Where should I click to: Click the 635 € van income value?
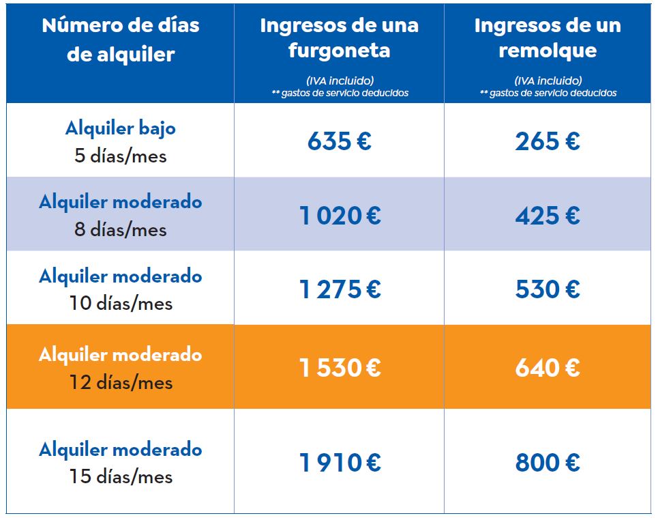click(x=339, y=141)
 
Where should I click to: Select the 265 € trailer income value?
click(x=547, y=141)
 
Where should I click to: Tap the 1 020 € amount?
click(x=339, y=216)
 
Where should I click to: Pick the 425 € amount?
click(x=547, y=216)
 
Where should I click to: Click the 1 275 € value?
click(x=339, y=289)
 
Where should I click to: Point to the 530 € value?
click(x=547, y=289)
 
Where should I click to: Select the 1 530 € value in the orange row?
click(x=339, y=368)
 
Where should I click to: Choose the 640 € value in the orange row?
click(x=547, y=368)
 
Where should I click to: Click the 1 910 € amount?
click(x=339, y=463)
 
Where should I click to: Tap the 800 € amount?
click(x=547, y=463)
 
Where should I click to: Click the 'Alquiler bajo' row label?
click(x=120, y=128)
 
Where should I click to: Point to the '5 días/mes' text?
click(x=120, y=156)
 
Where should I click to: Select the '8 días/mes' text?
click(x=120, y=229)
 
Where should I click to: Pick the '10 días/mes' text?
click(x=120, y=303)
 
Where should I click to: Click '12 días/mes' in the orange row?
click(x=120, y=382)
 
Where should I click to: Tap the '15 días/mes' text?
click(x=120, y=476)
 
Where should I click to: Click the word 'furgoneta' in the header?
click(x=339, y=51)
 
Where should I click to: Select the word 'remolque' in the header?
click(x=547, y=51)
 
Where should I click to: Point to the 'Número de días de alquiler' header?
click(x=120, y=40)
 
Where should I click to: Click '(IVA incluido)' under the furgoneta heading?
click(x=340, y=80)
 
